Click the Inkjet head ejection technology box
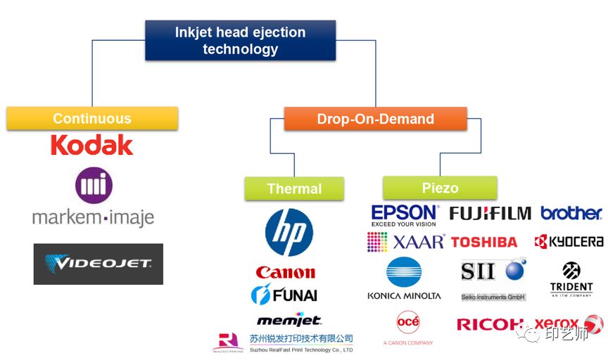(x=240, y=40)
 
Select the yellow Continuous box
(x=92, y=118)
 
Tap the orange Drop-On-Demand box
(x=375, y=118)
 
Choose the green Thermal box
(x=294, y=188)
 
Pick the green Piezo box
(x=440, y=188)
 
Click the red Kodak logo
(x=91, y=146)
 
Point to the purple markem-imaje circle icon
(x=94, y=184)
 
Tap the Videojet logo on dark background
(x=98, y=264)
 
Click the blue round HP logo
(x=289, y=232)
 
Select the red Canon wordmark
(x=286, y=272)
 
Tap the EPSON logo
(x=405, y=213)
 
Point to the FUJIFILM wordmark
(x=490, y=213)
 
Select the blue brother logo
(x=571, y=213)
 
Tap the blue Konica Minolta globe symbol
(x=404, y=272)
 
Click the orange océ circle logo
(x=408, y=323)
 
